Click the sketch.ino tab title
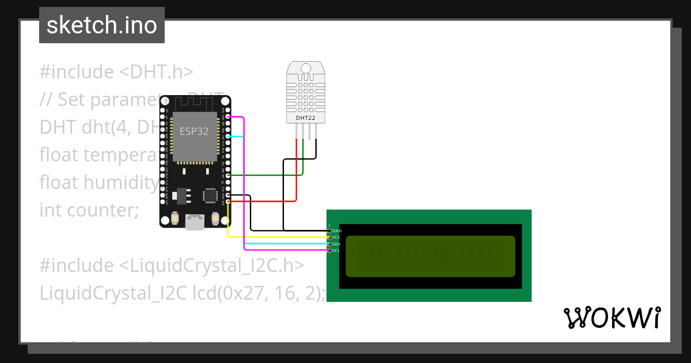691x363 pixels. pos(101,25)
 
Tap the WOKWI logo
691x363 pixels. pos(612,317)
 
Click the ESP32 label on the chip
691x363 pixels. pos(194,131)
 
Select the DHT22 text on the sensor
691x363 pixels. pos(305,118)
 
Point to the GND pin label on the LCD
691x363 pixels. pos(337,231)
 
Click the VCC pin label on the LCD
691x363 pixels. pos(337,237)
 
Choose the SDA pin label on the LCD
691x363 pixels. pos(337,244)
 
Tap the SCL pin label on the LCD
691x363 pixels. pos(336,251)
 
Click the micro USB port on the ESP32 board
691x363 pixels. pos(195,222)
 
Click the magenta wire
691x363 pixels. pos(245,184)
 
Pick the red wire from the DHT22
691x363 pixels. pos(297,173)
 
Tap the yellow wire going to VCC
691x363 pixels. pos(276,237)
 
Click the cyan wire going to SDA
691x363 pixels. pos(282,244)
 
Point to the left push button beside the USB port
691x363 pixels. pos(174,219)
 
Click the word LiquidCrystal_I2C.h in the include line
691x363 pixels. pos(211,266)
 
